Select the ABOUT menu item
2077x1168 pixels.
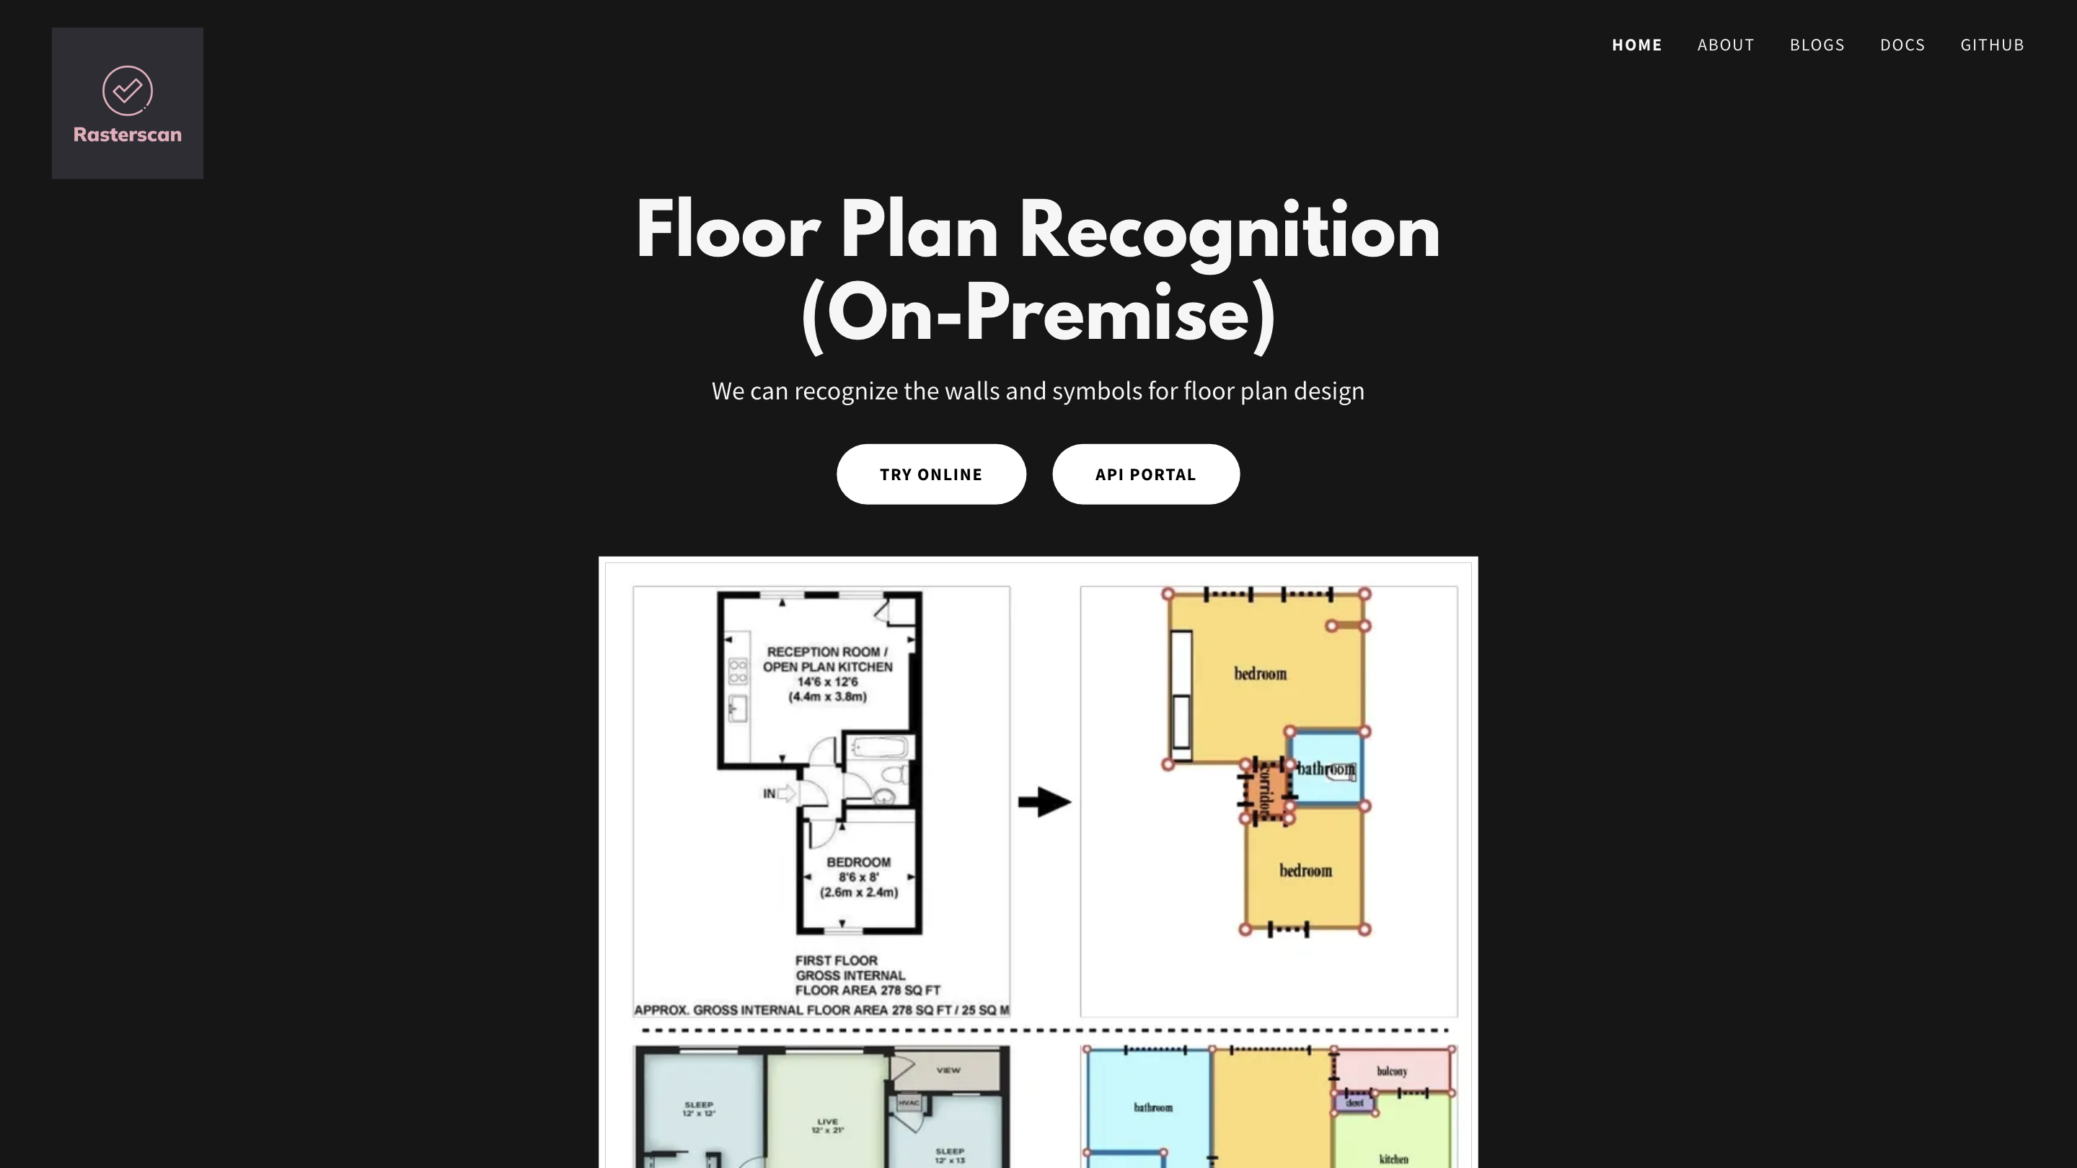tap(1726, 45)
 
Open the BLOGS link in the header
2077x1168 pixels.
tap(1817, 45)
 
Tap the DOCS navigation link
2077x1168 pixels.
tap(1902, 45)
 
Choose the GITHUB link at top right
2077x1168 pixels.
tap(1991, 45)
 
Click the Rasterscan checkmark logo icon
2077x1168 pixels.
tap(128, 90)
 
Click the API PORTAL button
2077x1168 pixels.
tap(1145, 474)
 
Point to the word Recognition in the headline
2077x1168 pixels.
tap(1229, 232)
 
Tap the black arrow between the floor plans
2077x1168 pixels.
tap(1044, 801)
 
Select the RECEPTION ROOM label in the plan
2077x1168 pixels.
tap(827, 651)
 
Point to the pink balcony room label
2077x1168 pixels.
tap(1392, 1071)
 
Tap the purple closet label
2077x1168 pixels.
tap(1355, 1102)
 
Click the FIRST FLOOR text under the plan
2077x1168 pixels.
tap(836, 960)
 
